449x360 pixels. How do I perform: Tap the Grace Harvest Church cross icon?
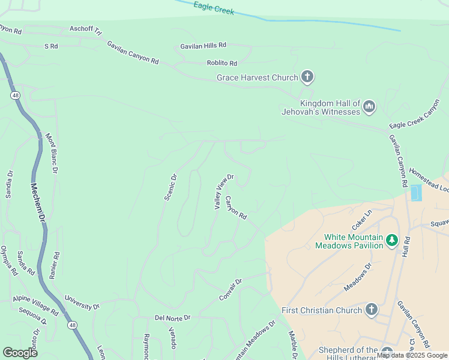307,77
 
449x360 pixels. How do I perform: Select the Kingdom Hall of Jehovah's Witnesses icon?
369,107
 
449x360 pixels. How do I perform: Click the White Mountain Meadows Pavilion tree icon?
392,240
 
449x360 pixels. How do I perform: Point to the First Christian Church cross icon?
371,310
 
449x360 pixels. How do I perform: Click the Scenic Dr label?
172,187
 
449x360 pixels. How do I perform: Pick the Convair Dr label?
230,290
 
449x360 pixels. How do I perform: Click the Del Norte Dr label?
172,317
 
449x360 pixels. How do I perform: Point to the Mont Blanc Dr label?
51,153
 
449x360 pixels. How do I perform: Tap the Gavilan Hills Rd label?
203,46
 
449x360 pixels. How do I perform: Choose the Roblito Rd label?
221,63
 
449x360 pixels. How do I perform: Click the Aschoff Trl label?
86,29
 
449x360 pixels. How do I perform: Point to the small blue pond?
415,193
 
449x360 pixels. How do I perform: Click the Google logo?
20,353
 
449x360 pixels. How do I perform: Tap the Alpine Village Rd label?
35,305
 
